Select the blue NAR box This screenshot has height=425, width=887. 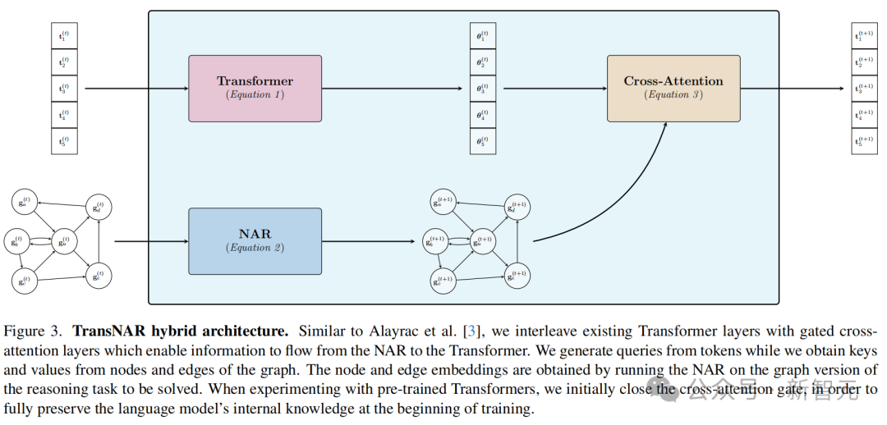[x=255, y=240]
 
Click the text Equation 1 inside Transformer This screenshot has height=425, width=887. [x=255, y=95]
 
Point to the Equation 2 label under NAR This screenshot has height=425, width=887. [x=255, y=248]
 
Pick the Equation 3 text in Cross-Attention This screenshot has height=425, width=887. [x=673, y=95]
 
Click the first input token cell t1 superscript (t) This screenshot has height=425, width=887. [x=64, y=35]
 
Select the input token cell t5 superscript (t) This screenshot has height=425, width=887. [x=64, y=140]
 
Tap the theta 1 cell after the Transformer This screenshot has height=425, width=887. [x=483, y=35]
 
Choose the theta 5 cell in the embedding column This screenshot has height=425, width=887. [x=483, y=140]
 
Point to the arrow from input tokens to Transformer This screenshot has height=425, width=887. [x=136, y=88]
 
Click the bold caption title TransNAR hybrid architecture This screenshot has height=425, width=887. [x=181, y=331]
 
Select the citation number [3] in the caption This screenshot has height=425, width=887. [x=471, y=331]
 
